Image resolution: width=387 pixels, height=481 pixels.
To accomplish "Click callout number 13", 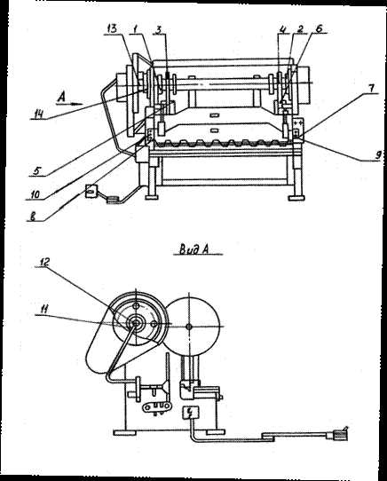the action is [x=112, y=28].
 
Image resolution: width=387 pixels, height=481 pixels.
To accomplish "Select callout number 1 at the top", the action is [x=134, y=29].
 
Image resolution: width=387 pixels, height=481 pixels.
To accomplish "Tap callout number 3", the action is [x=159, y=29].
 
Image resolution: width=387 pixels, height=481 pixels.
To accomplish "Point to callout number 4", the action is [x=283, y=29].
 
